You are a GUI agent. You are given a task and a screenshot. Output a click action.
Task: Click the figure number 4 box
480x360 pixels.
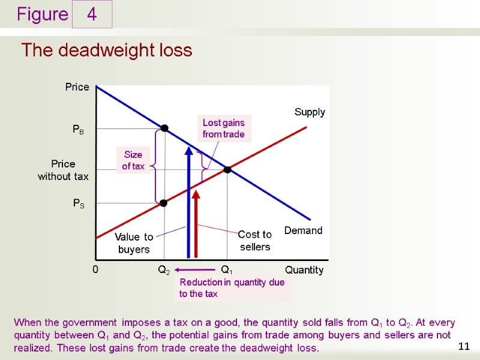point(92,14)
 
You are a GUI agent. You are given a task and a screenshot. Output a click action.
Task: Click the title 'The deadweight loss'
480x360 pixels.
point(107,50)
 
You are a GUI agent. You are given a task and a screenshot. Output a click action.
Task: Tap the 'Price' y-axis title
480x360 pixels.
point(77,87)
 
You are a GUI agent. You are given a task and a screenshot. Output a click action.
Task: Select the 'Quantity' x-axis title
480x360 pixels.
point(304,270)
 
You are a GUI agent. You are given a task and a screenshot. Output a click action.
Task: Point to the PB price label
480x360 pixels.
point(78,129)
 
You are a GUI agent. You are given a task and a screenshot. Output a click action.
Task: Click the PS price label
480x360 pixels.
point(79,204)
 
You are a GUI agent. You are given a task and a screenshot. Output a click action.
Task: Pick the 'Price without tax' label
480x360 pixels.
point(63,170)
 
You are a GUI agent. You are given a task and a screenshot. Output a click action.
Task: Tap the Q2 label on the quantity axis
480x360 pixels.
point(163,271)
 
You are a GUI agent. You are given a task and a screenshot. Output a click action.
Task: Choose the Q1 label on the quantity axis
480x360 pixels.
point(227,271)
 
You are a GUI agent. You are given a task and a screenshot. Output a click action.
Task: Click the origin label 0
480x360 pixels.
point(95,270)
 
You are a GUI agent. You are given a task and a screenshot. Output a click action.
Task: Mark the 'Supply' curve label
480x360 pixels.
point(310,112)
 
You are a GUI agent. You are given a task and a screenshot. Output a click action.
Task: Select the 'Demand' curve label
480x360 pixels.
point(303,230)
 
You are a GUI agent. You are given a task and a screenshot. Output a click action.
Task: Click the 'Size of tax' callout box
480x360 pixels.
point(133,161)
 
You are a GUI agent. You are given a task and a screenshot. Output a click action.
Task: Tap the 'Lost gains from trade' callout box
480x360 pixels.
point(224,128)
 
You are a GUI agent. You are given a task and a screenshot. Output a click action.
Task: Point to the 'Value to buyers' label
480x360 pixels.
point(134,243)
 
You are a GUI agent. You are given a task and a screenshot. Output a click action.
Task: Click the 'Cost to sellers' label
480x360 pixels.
point(255,241)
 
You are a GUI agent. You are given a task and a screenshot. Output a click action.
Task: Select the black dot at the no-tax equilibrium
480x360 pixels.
point(227,170)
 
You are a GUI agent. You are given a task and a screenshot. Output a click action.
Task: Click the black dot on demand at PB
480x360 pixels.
point(164,128)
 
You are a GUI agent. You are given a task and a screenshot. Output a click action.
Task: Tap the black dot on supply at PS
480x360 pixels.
point(163,203)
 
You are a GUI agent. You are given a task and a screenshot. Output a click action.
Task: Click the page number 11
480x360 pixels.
point(463,346)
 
